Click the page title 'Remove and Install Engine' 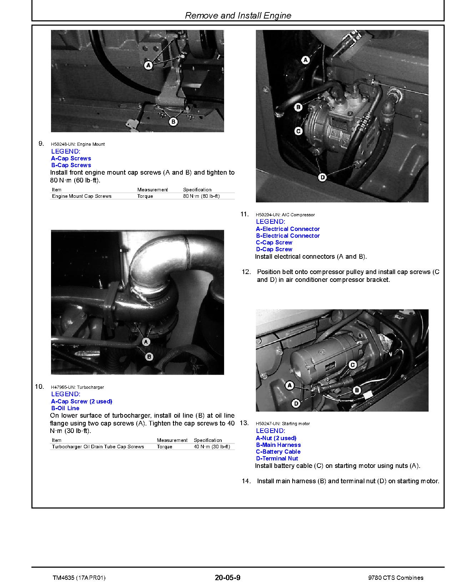point(238,16)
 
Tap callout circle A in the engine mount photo point(148,65)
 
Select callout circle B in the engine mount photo point(173,122)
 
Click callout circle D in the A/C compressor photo point(322,177)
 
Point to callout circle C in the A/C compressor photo point(298,131)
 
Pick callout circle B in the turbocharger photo point(149,356)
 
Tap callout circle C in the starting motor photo point(352,365)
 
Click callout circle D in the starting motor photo point(296,403)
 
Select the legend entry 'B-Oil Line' point(65,408)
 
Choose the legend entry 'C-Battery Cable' point(278,452)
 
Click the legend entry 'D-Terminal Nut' point(277,458)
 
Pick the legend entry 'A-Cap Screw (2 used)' point(82,401)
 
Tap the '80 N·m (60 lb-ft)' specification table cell point(201,196)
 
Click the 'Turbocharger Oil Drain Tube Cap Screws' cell point(98,447)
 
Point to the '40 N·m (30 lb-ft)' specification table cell point(212,447)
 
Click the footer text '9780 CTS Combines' point(396,578)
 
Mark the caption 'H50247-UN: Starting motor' point(283,424)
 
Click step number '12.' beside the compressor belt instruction point(246,272)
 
